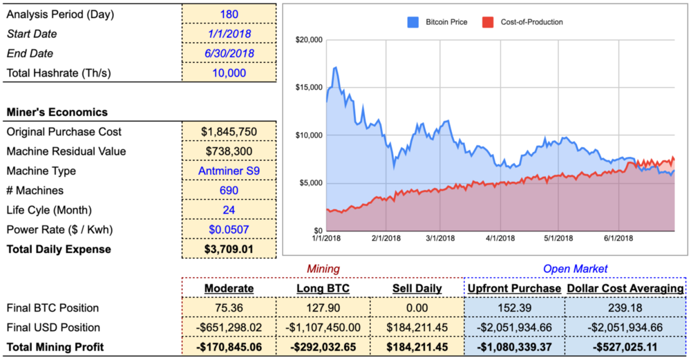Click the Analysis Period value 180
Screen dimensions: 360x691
click(229, 15)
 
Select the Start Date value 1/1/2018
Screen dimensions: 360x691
click(229, 34)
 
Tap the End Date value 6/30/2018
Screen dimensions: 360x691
click(229, 53)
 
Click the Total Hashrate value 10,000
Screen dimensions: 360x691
click(229, 73)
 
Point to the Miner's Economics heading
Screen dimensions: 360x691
click(57, 112)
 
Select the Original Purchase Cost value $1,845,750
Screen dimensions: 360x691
click(229, 132)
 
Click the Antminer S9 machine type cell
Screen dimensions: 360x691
click(229, 171)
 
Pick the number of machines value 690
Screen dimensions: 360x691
click(229, 190)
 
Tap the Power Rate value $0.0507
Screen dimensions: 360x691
click(229, 210)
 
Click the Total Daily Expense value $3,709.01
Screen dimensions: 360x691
click(229, 249)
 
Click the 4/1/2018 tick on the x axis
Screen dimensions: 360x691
click(498, 238)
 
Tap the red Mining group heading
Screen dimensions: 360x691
click(323, 268)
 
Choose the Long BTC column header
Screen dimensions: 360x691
click(323, 288)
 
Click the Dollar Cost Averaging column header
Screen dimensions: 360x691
click(625, 288)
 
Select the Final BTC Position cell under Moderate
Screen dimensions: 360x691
click(229, 308)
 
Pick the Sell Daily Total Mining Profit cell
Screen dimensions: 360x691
click(417, 347)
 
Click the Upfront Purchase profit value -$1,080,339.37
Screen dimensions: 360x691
click(515, 347)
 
